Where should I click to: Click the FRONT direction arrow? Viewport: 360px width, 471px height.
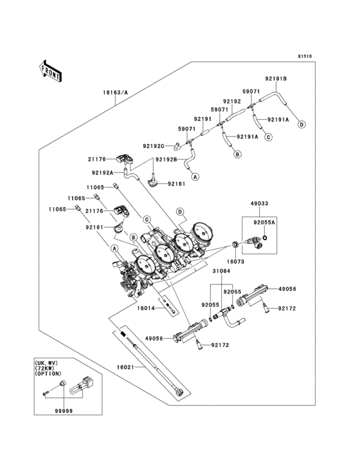[x=50, y=71]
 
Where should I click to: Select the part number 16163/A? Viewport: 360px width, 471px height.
[x=116, y=93]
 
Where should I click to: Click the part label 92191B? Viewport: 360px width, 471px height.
[x=276, y=78]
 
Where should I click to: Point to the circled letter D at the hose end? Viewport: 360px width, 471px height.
[x=301, y=124]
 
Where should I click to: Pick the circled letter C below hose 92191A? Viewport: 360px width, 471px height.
[x=268, y=137]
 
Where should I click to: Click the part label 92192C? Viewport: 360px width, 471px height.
[x=154, y=146]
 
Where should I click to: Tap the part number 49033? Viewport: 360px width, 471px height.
[x=260, y=203]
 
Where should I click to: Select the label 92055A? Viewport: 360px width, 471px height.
[x=264, y=223]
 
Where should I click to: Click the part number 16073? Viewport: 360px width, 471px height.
[x=235, y=262]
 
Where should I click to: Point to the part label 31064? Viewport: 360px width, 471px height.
[x=221, y=271]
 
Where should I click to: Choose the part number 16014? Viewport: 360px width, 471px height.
[x=146, y=308]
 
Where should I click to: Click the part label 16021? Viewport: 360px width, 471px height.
[x=126, y=367]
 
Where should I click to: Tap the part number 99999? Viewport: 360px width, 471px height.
[x=64, y=411]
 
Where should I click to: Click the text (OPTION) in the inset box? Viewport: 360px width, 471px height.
[x=48, y=374]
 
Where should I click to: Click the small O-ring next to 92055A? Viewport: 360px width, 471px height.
[x=265, y=238]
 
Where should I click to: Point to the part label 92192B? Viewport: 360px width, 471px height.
[x=166, y=160]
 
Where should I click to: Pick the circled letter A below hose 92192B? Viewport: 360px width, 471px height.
[x=195, y=177]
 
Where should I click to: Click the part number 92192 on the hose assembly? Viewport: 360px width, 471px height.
[x=232, y=102]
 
